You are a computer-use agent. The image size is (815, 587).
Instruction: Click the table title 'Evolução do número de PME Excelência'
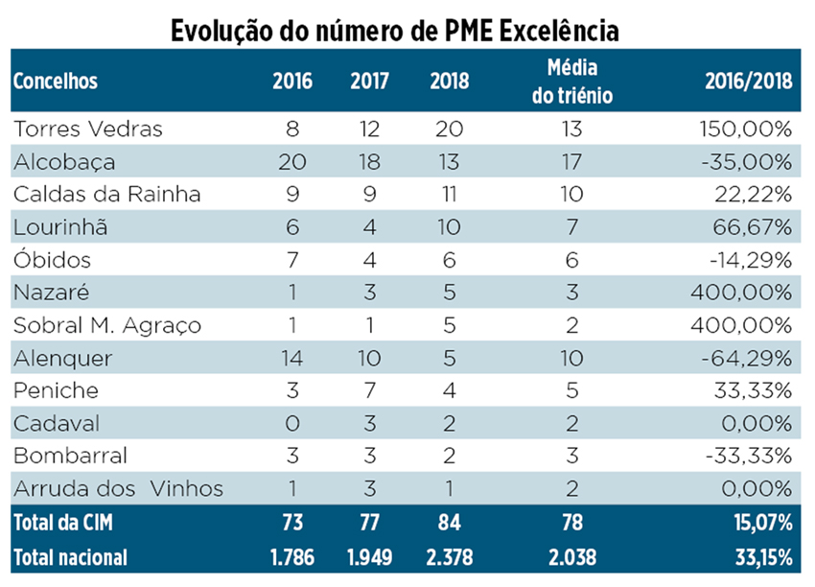click(x=394, y=30)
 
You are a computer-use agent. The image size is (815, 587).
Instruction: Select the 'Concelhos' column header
click(x=56, y=82)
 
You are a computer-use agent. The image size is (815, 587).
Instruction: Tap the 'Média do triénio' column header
click(x=571, y=82)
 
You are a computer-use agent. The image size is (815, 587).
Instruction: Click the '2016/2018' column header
click(x=748, y=82)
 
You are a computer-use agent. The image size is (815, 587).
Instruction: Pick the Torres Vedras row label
click(x=88, y=129)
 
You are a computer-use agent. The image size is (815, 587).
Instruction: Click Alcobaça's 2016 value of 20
click(x=291, y=161)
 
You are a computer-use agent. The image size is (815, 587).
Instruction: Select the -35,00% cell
click(x=748, y=161)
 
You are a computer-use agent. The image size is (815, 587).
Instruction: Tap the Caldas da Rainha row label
click(x=106, y=195)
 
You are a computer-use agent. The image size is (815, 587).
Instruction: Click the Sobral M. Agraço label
click(x=106, y=325)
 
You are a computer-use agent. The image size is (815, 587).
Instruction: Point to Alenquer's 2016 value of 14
click(x=291, y=358)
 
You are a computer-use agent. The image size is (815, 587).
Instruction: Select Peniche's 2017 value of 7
click(x=370, y=391)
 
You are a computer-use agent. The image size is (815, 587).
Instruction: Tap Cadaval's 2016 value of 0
click(x=291, y=424)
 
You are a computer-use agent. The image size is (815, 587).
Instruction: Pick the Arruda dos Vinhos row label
click(x=118, y=489)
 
